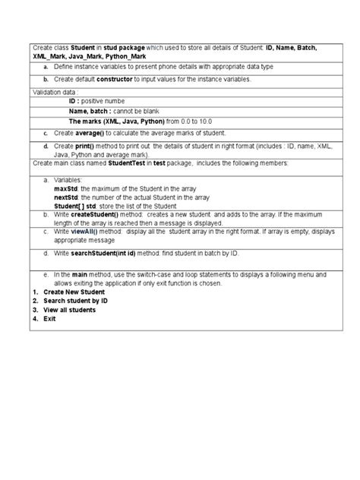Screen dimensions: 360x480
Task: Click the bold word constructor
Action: (x=122, y=78)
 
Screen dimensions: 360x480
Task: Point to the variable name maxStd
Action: (x=66, y=188)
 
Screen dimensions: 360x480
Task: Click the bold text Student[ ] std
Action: (x=75, y=205)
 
